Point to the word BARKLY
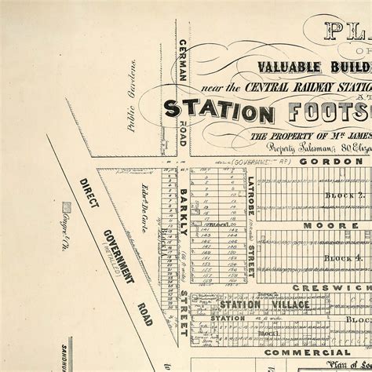point(183,211)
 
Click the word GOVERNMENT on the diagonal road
point(118,255)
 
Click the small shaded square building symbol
point(67,208)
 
